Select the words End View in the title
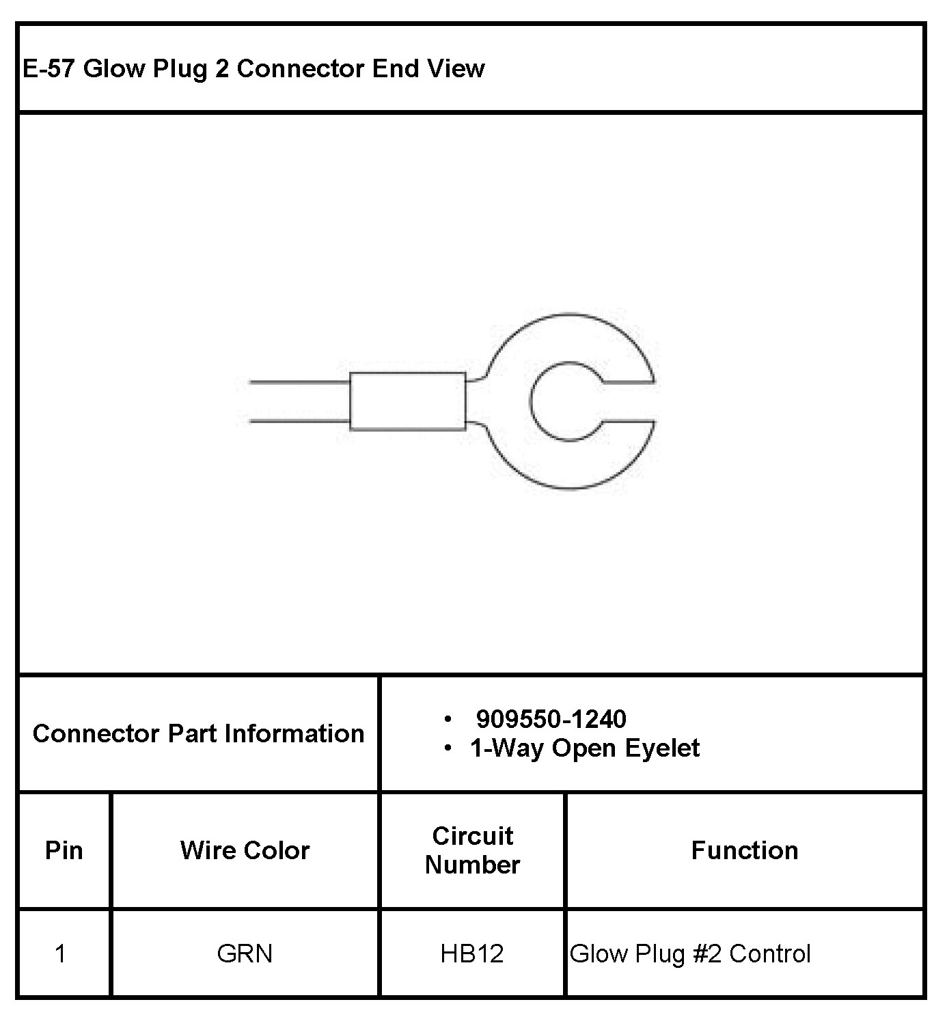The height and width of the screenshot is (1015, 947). [x=428, y=69]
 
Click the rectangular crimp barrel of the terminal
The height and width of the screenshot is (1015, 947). [x=408, y=401]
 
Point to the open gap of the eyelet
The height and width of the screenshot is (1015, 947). [x=629, y=401]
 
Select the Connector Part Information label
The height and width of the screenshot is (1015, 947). [x=198, y=733]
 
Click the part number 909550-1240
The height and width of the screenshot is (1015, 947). [x=551, y=719]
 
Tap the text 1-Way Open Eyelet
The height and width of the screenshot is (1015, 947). [x=584, y=748]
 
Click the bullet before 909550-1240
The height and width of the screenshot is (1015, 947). [x=448, y=719]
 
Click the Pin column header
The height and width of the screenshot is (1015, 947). [x=64, y=850]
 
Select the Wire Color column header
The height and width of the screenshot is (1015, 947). [x=245, y=850]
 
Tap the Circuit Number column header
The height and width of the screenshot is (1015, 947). [x=472, y=850]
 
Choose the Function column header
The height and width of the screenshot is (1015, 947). [x=745, y=850]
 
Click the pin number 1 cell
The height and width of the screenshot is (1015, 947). [x=61, y=953]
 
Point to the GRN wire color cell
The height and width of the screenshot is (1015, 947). [x=245, y=953]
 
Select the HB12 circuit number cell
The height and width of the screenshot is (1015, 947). [x=472, y=953]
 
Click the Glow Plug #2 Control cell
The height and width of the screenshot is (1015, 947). [x=690, y=953]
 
